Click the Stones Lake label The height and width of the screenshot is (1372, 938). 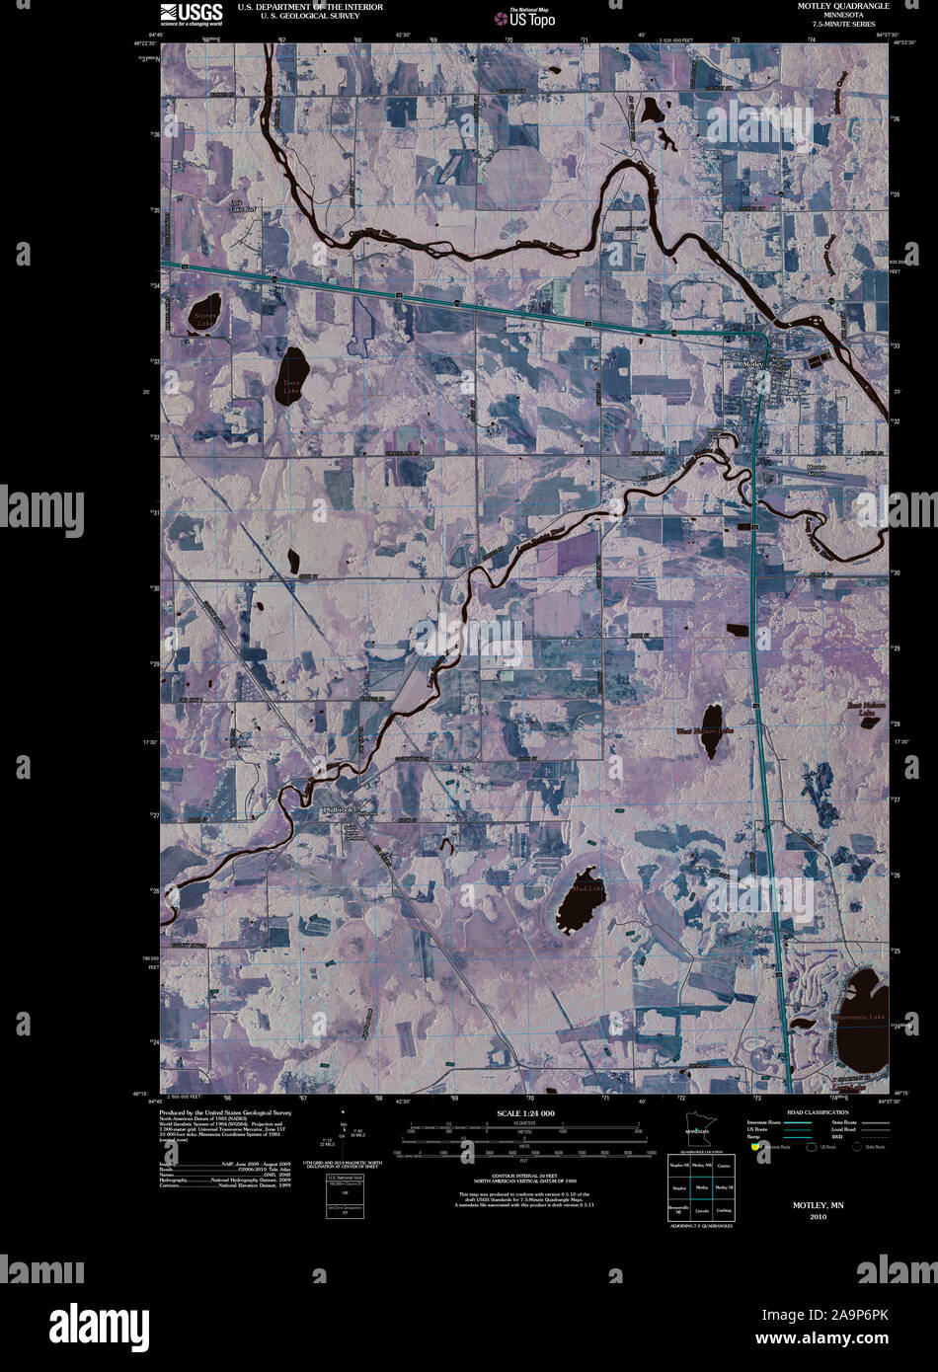[x=204, y=320]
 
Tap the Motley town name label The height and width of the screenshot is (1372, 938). [x=752, y=364]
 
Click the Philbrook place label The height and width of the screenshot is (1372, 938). [x=337, y=809]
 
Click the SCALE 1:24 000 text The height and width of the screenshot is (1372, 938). [x=527, y=1113]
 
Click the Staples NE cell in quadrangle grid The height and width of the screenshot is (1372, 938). [x=678, y=1167]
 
